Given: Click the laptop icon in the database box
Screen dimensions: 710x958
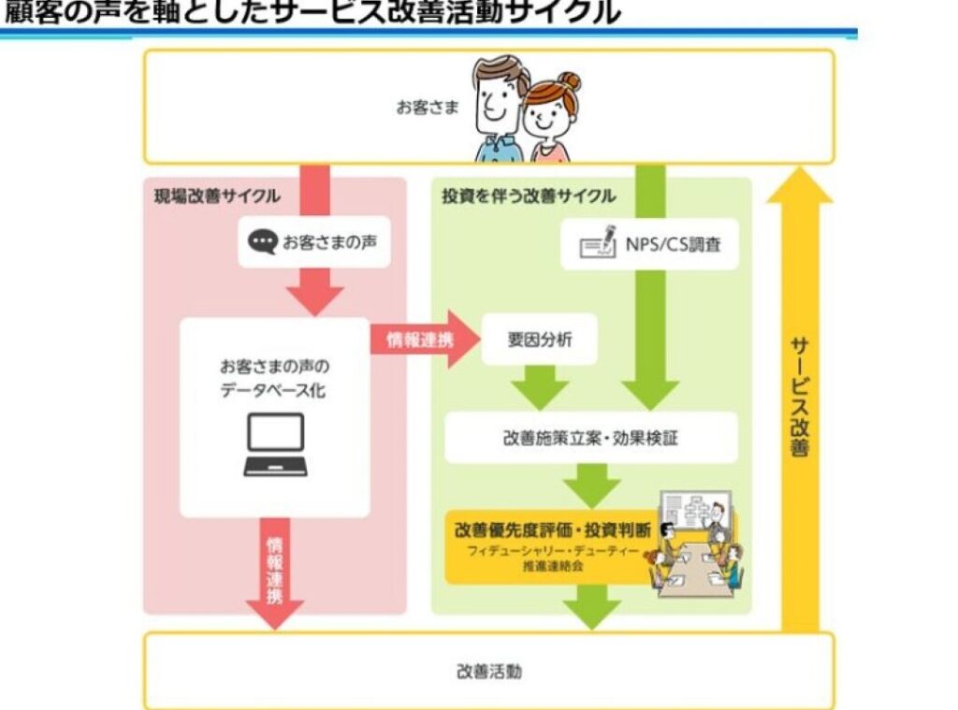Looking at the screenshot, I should (275, 444).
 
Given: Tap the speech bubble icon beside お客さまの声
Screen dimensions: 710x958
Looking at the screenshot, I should (262, 243).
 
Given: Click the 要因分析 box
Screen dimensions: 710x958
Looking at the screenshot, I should (539, 339).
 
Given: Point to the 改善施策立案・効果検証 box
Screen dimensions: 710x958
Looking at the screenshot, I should (590, 438).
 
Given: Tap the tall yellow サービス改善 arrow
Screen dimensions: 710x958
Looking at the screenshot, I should (800, 393).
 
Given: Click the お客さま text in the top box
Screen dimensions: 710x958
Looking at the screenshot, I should (428, 107).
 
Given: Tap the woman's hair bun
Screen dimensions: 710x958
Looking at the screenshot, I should (569, 81).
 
